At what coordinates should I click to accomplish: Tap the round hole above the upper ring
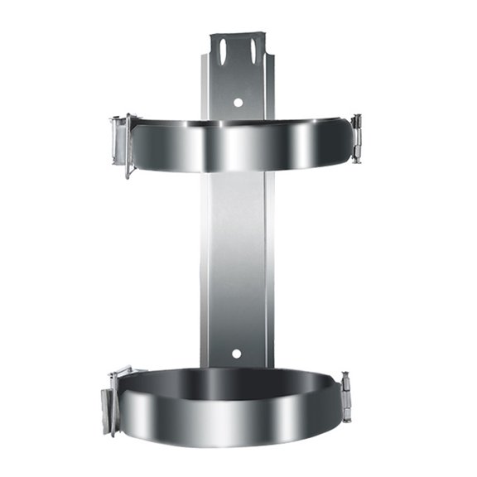tap(238, 103)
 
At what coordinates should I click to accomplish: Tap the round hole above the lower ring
tap(236, 354)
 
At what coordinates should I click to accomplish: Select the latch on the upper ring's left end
tap(121, 141)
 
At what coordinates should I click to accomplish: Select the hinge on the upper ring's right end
tap(356, 137)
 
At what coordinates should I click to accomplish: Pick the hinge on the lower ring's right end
tap(345, 397)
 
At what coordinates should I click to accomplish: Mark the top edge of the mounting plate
tap(238, 34)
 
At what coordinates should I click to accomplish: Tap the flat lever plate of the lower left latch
tap(107, 410)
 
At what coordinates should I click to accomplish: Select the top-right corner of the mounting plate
tap(264, 34)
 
